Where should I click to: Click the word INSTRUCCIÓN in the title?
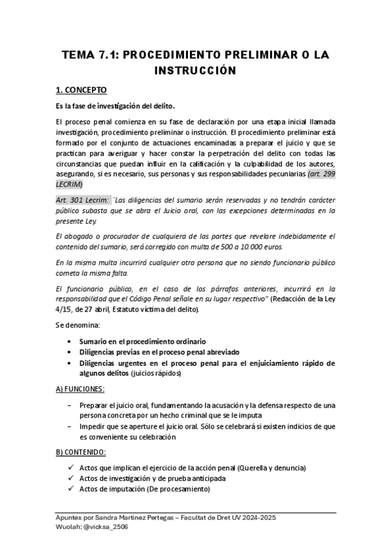pos(195,69)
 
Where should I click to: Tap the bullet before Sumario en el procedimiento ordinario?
pos(69,341)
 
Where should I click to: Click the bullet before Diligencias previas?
pos(69,352)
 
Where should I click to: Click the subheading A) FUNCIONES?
pos(80,389)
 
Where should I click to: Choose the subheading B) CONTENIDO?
pos(81,451)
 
